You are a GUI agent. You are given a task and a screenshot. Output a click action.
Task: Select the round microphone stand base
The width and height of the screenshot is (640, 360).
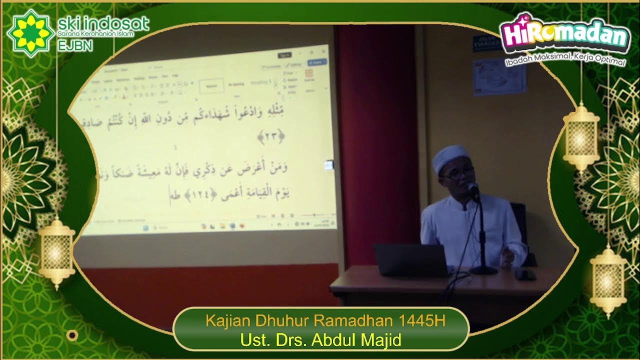tap(483, 270)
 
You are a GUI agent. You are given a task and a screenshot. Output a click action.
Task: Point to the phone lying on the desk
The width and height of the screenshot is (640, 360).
tap(525, 274)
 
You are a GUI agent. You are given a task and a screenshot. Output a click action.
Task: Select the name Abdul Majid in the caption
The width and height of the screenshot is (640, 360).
tap(356, 340)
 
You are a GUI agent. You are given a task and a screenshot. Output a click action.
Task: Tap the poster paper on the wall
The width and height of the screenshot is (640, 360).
tap(499, 76)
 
